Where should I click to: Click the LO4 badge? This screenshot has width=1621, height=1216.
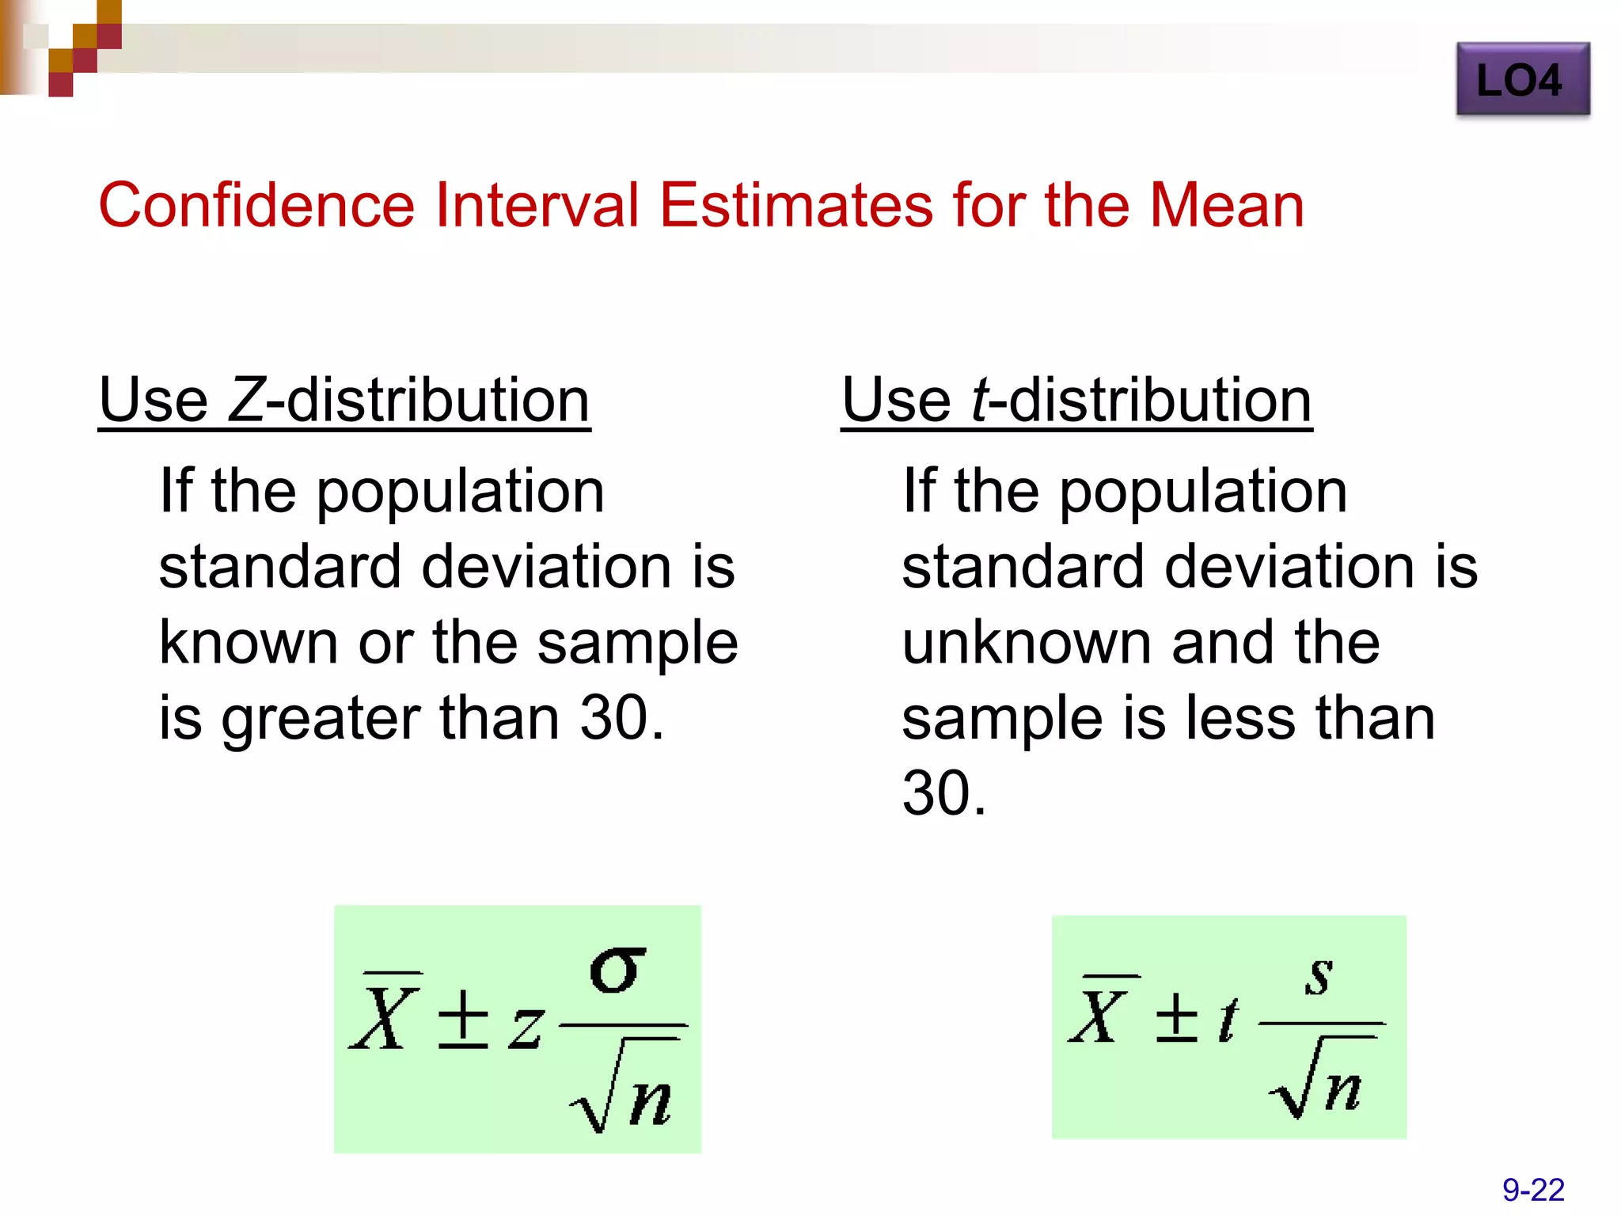[1522, 80]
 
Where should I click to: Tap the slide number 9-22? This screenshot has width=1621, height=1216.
[1533, 1190]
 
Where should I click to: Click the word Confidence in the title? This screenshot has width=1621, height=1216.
[256, 205]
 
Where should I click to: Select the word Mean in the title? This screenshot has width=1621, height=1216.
[1226, 205]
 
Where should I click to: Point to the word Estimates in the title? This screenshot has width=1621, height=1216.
[796, 205]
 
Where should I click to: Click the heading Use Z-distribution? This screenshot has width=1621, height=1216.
[344, 401]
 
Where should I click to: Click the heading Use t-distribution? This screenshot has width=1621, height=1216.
[1076, 401]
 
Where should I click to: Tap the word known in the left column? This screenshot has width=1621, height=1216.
[249, 642]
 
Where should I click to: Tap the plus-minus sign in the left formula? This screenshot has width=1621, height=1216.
[463, 1019]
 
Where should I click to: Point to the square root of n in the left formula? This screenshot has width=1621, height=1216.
[624, 1089]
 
